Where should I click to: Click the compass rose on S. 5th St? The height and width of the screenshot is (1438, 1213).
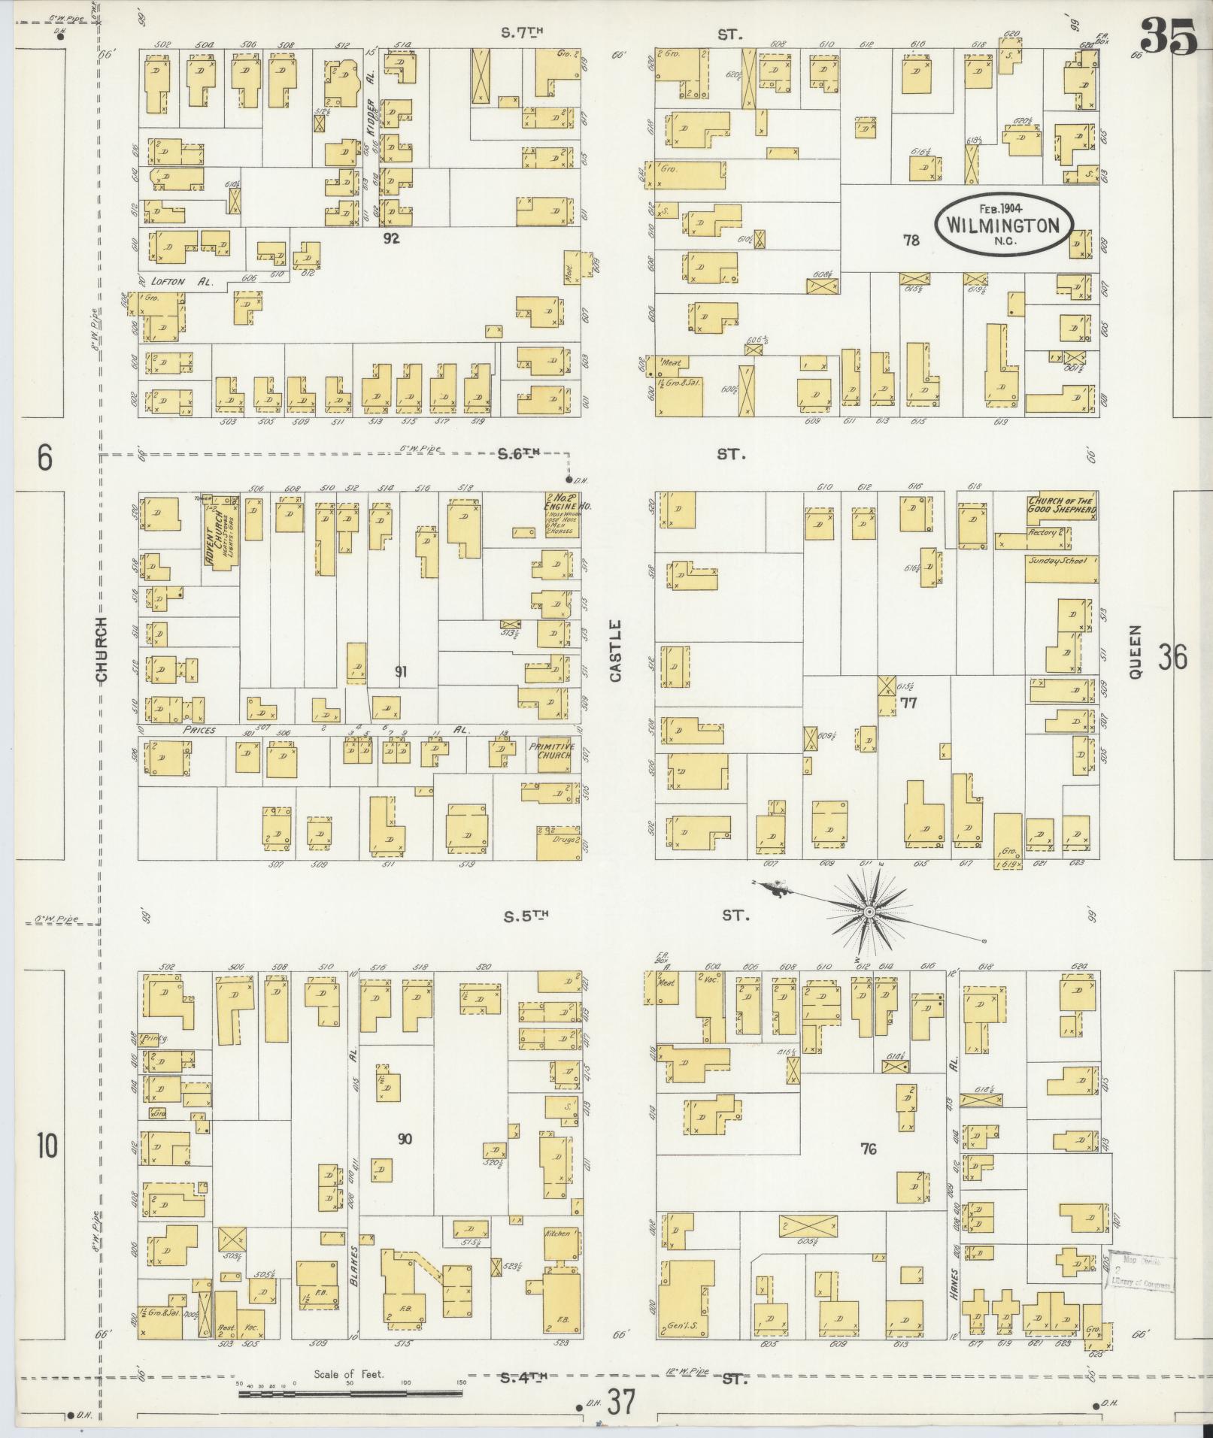click(869, 911)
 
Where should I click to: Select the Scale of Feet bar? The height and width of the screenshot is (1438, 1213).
click(350, 1394)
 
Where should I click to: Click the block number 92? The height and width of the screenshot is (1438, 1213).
click(390, 239)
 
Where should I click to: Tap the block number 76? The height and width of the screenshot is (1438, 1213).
click(869, 1149)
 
